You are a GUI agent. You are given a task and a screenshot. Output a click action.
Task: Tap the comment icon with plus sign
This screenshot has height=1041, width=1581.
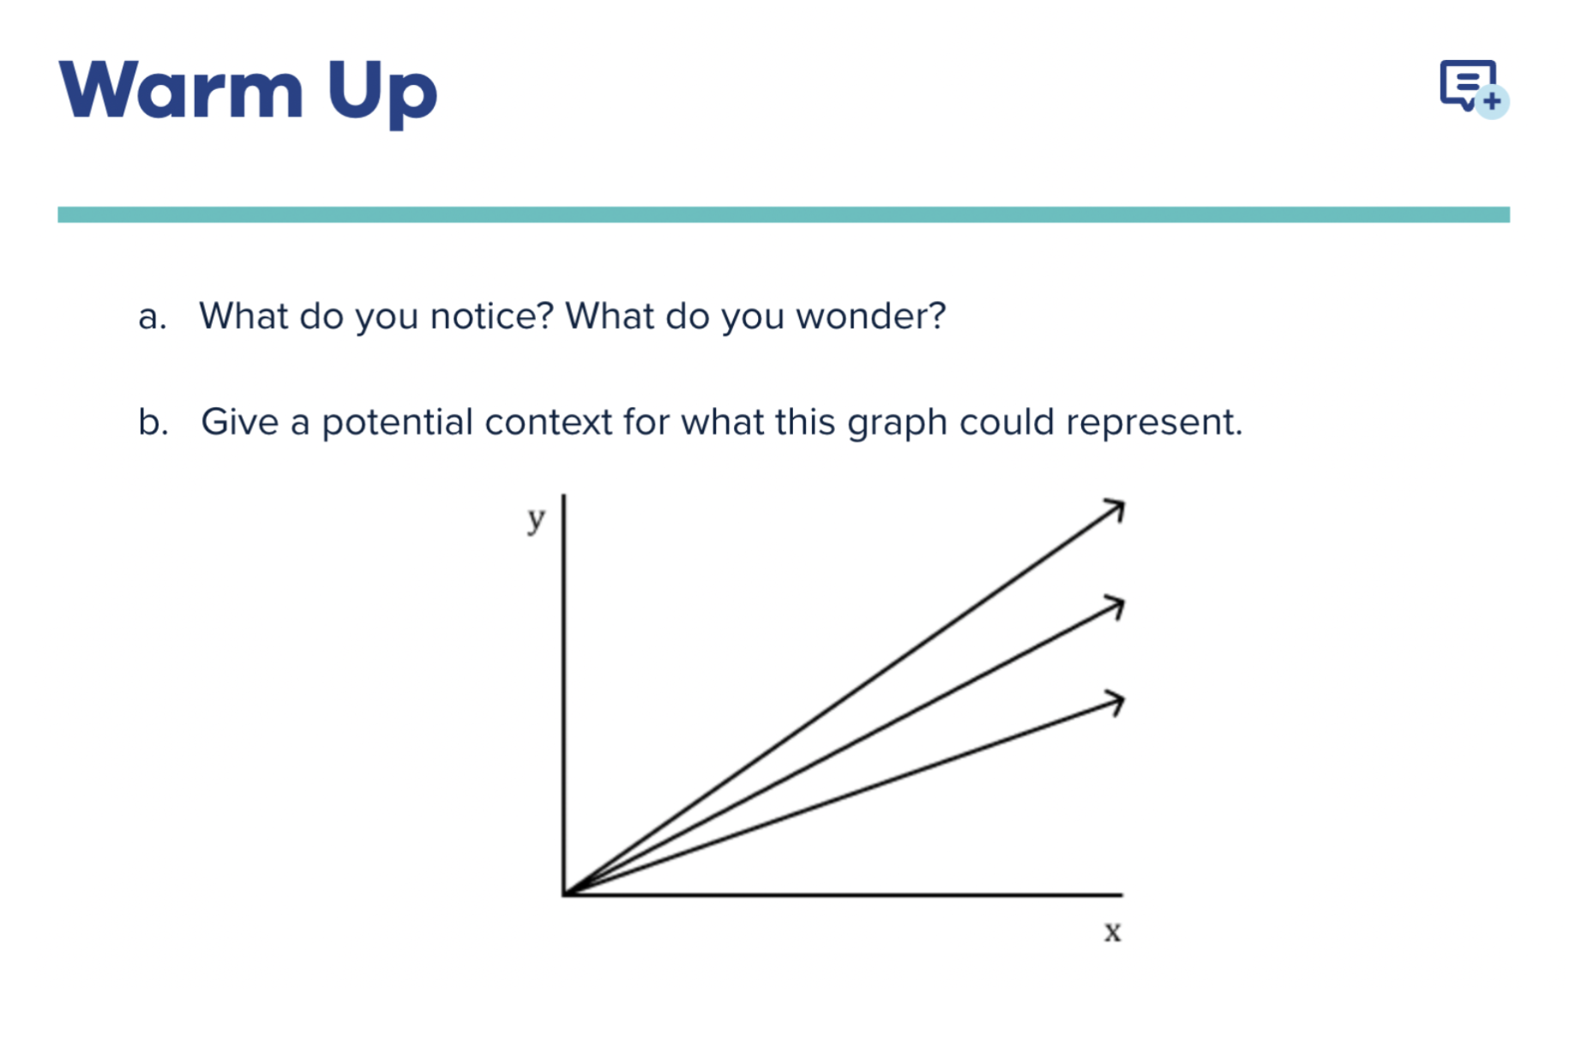pos(1474,88)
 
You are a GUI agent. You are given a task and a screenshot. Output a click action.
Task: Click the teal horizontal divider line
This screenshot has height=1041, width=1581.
pos(784,214)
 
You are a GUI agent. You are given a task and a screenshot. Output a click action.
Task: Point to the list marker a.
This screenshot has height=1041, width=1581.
pos(152,317)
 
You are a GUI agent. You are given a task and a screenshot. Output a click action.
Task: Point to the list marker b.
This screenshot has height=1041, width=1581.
pos(153,422)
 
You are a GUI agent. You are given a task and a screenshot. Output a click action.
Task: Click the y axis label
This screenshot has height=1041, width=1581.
pos(537,519)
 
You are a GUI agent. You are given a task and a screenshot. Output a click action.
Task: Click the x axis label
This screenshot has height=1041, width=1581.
pos(1113,931)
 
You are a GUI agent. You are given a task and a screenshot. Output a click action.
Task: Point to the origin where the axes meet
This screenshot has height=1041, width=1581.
pos(564,894)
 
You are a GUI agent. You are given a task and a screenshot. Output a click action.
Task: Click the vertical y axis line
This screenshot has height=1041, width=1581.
pos(563,695)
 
